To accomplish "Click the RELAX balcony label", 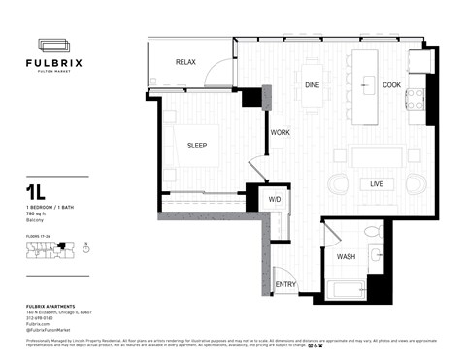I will point(185,62).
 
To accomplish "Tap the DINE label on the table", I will point(313,85).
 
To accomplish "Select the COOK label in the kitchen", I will point(391,85).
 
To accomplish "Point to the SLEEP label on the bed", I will point(198,146).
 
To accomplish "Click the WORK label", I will point(281,132).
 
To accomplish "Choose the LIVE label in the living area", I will point(375,183).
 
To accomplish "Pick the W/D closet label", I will point(276,200).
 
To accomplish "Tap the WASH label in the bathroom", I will point(346,257).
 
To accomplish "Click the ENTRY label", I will point(285,284).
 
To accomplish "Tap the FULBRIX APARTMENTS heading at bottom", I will point(52,306).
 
